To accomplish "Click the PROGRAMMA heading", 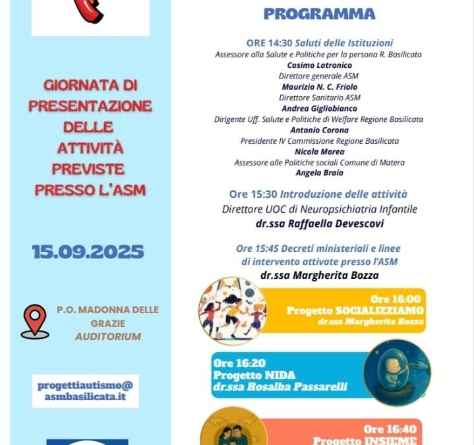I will (319, 13).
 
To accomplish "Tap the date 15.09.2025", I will (88, 251).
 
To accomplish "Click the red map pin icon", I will (34, 321).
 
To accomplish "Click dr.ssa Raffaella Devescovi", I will (319, 223).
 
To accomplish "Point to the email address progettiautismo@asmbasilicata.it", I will (85, 391).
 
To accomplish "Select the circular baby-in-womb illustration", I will (397, 372).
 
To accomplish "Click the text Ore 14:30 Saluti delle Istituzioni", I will (319, 43).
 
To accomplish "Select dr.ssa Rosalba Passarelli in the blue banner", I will (280, 387).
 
